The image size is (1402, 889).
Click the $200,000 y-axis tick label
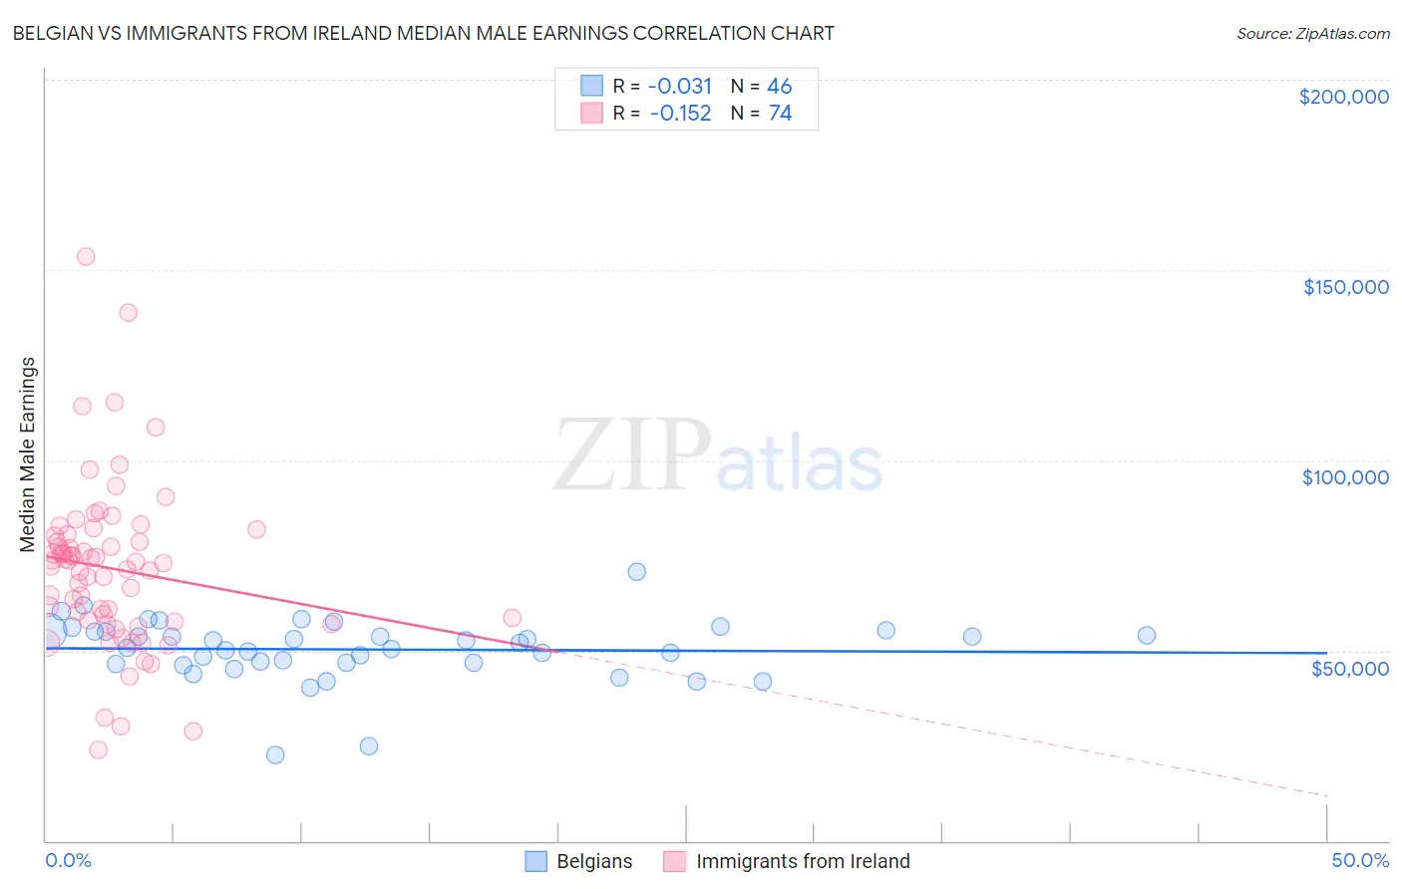click(1343, 97)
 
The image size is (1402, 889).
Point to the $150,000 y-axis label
click(1345, 287)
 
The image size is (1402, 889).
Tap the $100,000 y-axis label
click(1345, 477)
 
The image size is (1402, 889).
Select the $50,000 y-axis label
click(1349, 668)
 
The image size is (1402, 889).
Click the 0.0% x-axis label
click(68, 860)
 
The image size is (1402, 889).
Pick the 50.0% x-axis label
click(1359, 860)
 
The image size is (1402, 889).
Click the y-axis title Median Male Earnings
click(28, 453)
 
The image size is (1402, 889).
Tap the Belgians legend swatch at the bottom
click(535, 861)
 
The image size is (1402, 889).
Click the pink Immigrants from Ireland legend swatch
click(675, 861)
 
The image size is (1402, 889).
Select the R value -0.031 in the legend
click(680, 86)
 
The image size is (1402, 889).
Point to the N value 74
click(780, 114)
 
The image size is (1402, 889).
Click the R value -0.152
click(680, 114)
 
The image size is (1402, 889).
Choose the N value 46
click(780, 86)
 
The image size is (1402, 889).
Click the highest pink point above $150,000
click(86, 256)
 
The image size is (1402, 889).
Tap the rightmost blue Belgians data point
click(1147, 635)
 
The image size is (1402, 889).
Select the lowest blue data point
click(275, 754)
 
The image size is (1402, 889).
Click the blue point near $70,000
click(636, 571)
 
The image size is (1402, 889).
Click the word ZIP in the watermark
click(632, 455)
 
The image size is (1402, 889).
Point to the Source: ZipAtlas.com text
click(1312, 34)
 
